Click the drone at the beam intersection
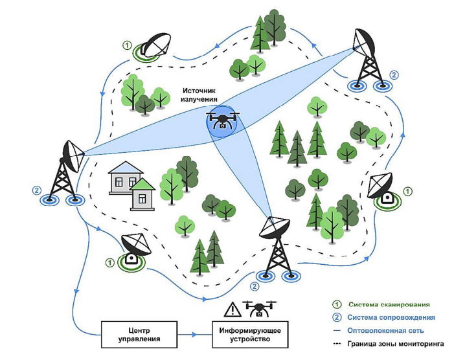pos(221,120)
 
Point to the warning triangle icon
pos(231,309)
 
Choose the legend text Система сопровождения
pos(390,317)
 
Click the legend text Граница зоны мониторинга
pos(394,344)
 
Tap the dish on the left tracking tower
pos(72,152)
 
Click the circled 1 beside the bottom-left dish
pos(109,262)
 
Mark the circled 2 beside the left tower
pos(36,191)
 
